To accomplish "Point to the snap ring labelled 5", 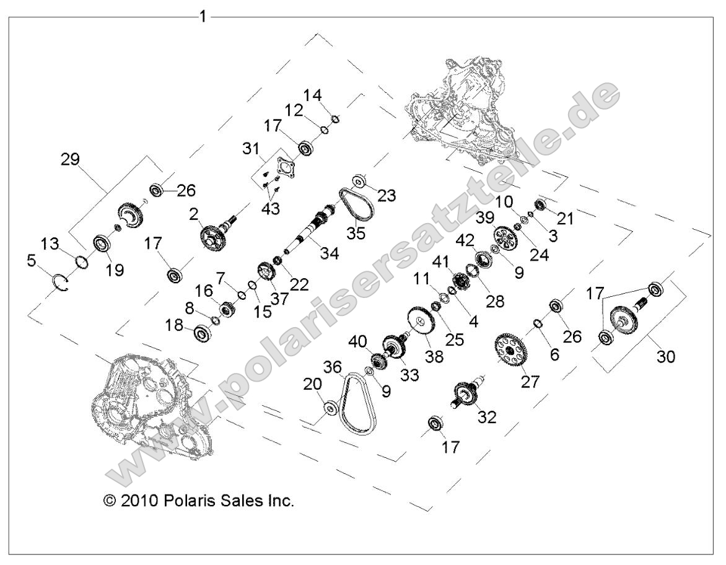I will [x=60, y=281].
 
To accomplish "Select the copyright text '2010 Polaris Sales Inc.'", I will [x=198, y=500].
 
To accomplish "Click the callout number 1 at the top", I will [x=202, y=16].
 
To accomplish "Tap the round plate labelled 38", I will [x=421, y=322].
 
